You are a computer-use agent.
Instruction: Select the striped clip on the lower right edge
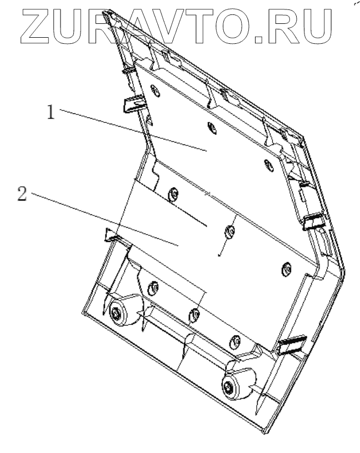[292, 345]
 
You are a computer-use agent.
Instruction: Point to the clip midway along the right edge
[313, 222]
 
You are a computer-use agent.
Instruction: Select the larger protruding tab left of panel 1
[133, 103]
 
